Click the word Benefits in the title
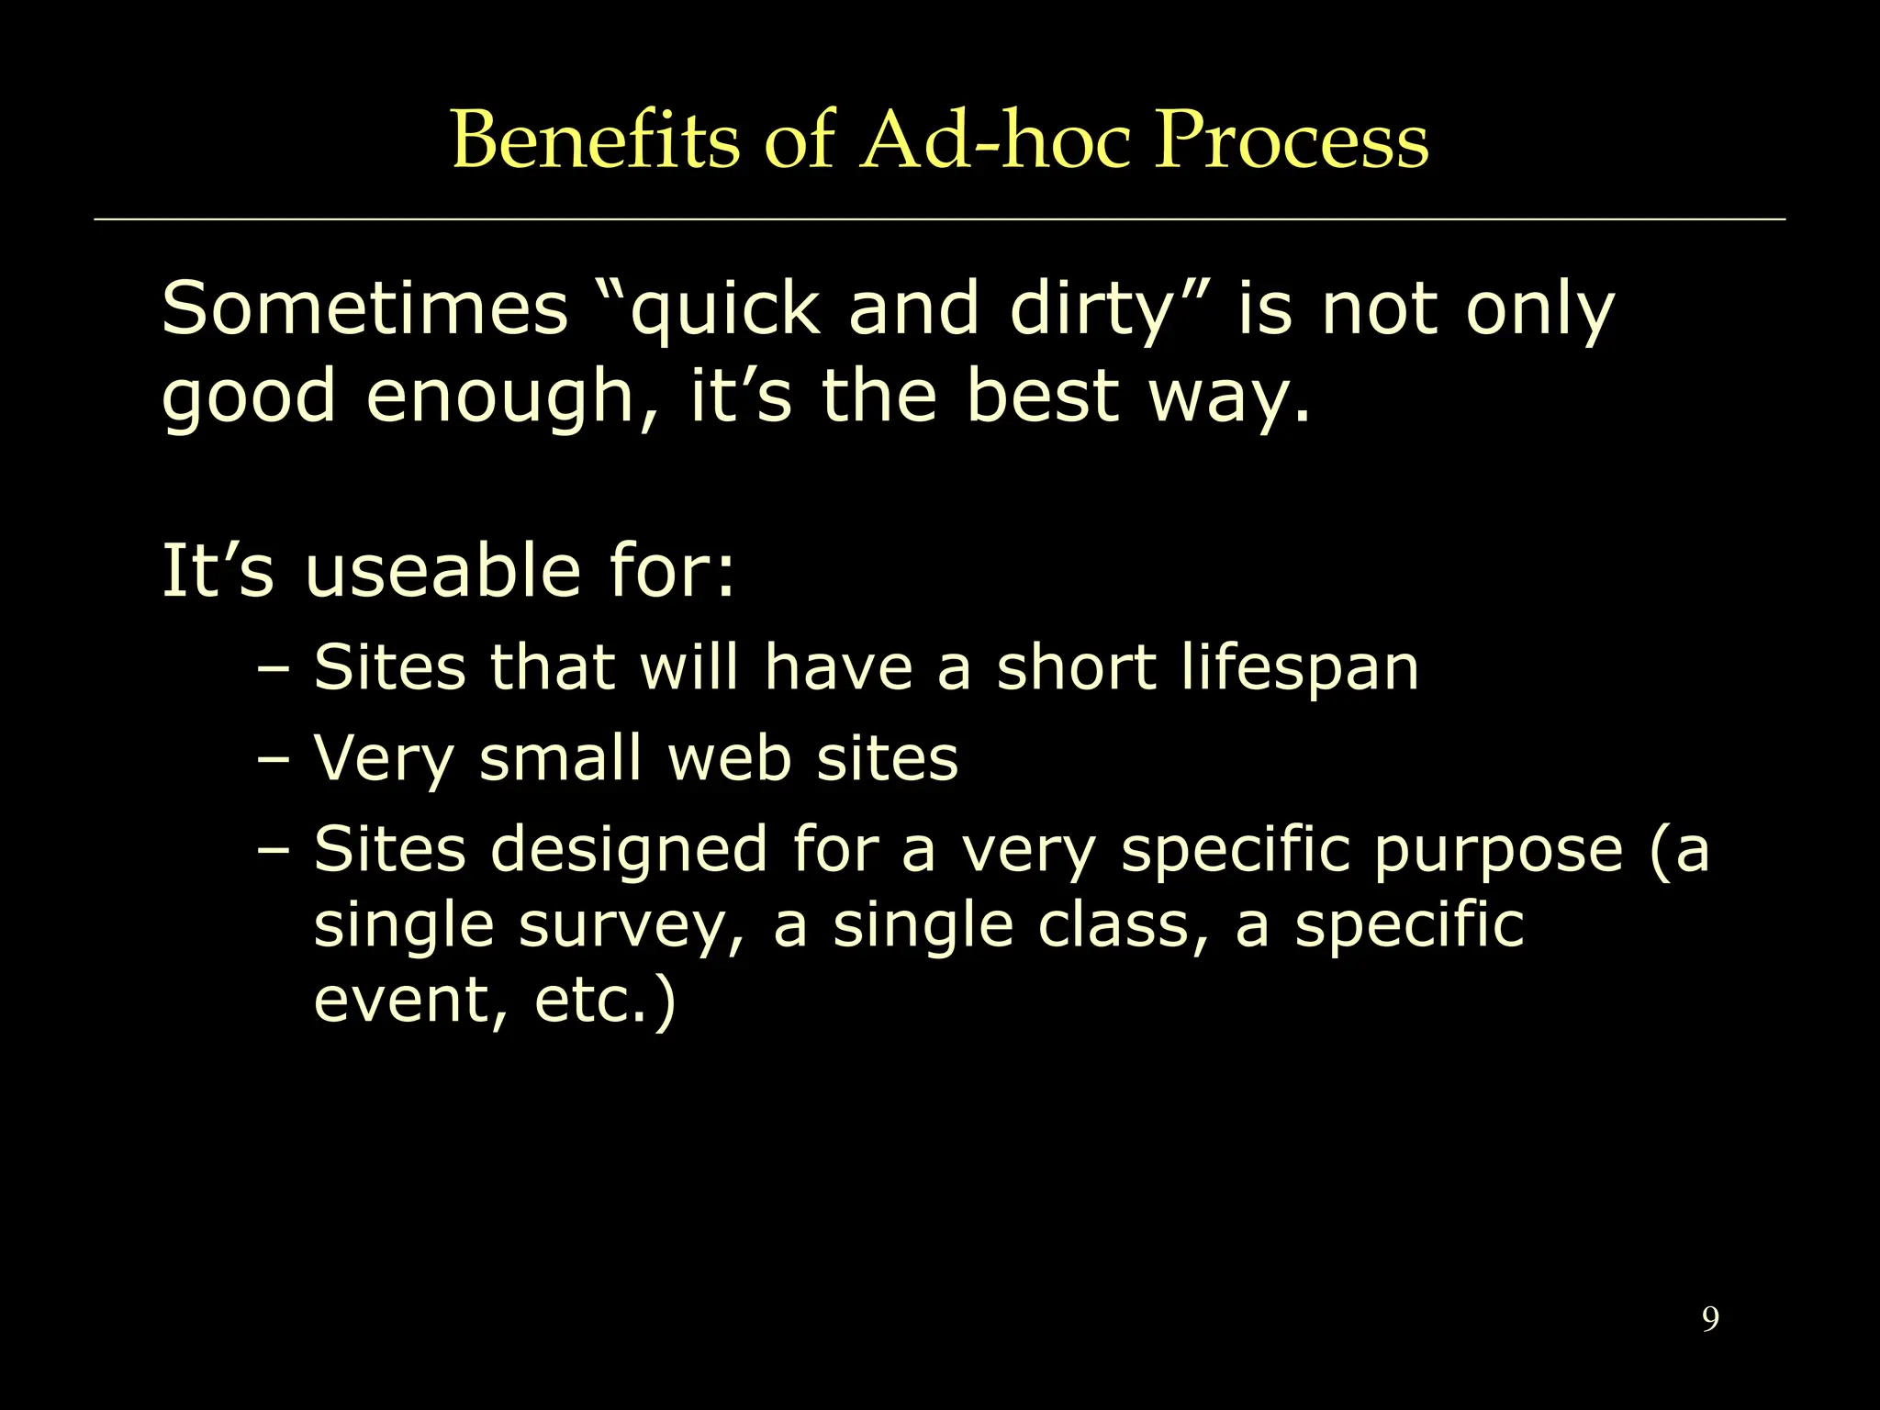tap(595, 140)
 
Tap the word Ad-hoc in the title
tap(993, 140)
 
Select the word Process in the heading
tap(1291, 140)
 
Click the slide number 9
tap(1710, 1319)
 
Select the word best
tap(1042, 396)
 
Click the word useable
tap(442, 571)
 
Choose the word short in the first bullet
tap(1076, 666)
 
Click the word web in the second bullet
tap(729, 758)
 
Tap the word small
tap(560, 758)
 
